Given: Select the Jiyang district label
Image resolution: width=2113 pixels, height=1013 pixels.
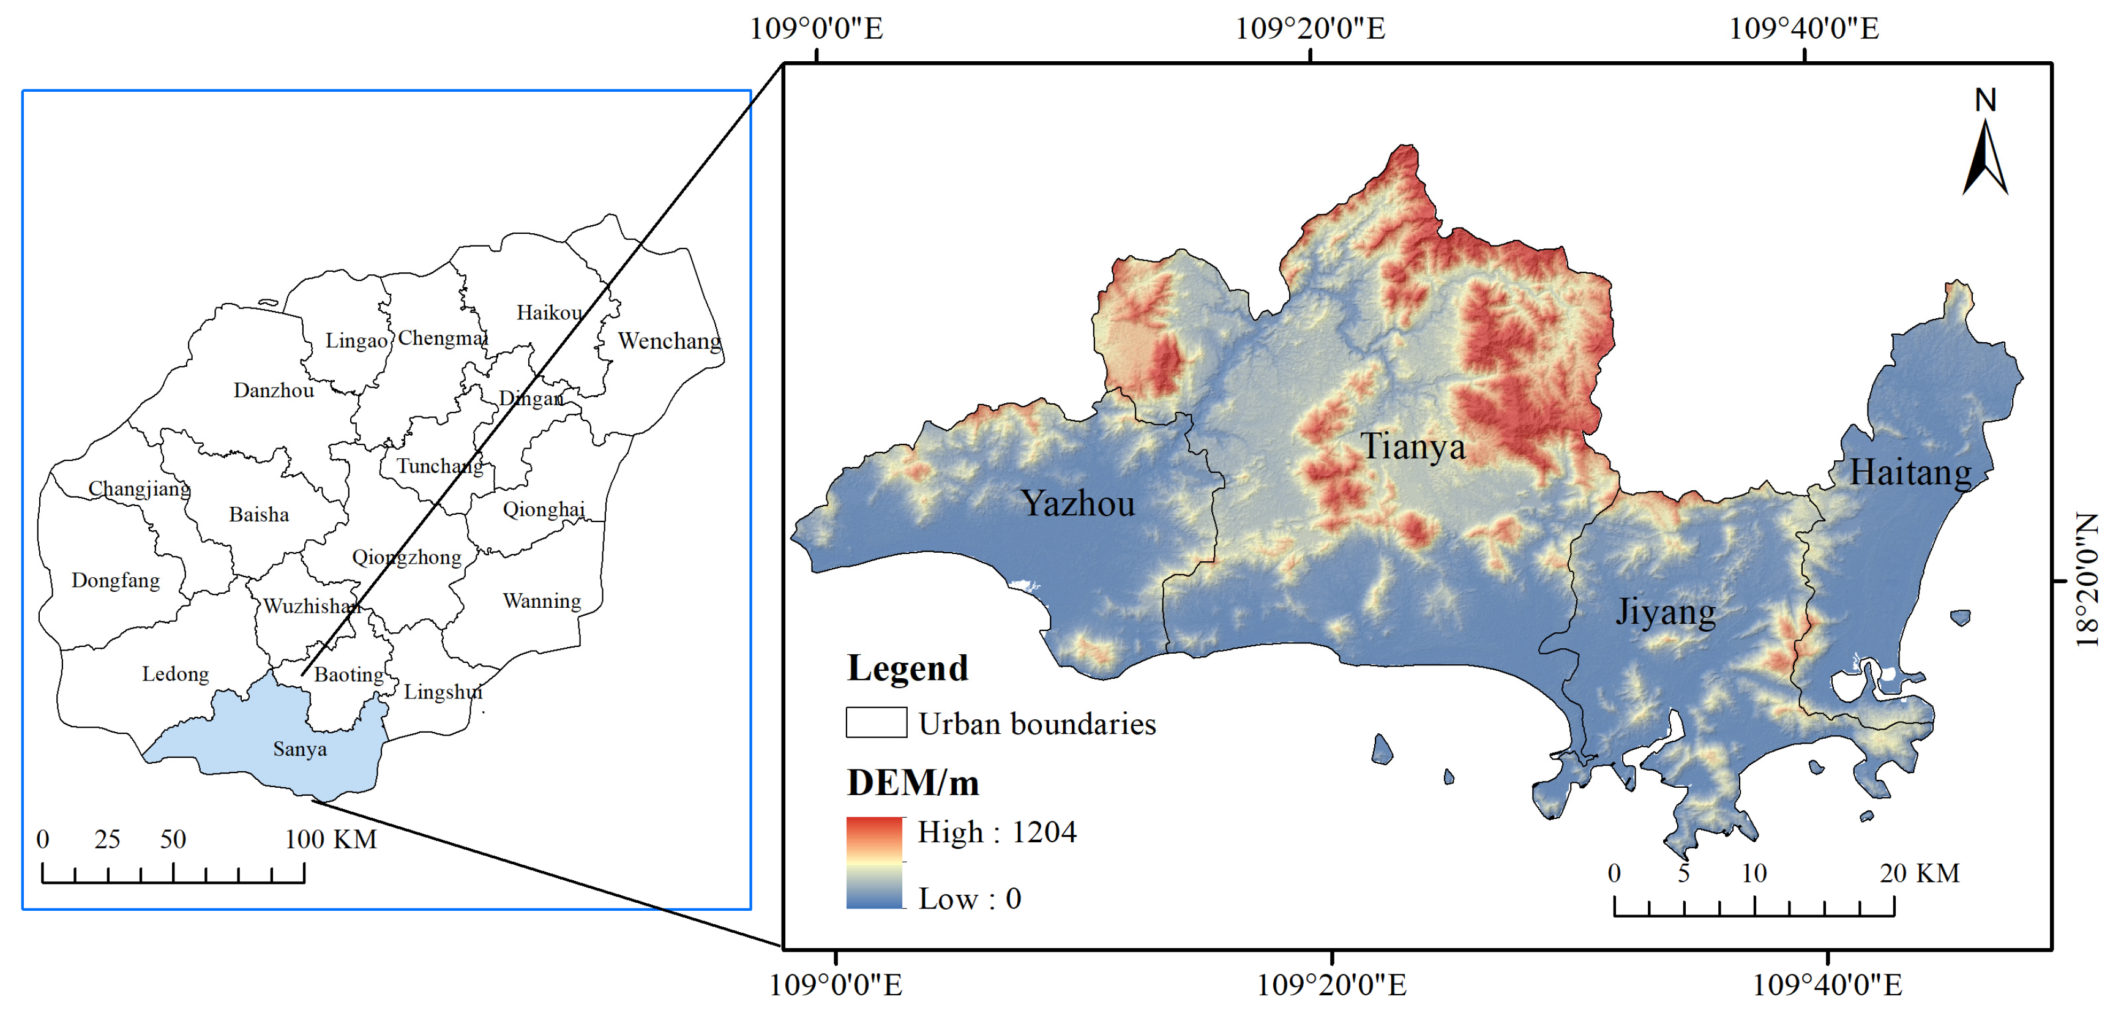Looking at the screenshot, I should tap(1665, 612).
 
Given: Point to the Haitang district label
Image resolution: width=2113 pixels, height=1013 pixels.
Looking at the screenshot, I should tap(1910, 473).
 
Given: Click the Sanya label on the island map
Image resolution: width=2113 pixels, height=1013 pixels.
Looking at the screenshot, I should tap(299, 749).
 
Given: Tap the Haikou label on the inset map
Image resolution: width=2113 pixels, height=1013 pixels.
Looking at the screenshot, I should tap(549, 313).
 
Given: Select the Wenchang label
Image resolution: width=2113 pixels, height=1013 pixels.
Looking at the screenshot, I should tap(668, 340).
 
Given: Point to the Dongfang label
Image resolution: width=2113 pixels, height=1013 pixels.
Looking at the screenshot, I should tap(115, 581).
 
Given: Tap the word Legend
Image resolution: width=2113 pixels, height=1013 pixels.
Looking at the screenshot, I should tap(907, 668).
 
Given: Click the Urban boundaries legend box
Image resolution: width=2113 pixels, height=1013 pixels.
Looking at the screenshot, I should tap(876, 723).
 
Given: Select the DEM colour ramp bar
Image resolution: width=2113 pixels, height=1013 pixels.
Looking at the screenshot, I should tap(875, 862).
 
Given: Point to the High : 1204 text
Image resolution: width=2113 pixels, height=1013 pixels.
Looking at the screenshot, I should tap(996, 832).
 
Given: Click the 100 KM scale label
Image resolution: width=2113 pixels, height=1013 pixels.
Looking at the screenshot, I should tap(331, 839).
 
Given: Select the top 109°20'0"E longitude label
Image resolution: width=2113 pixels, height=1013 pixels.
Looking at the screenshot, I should tap(1310, 29).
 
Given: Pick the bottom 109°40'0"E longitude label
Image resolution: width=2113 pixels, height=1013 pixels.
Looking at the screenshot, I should tap(1827, 984).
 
